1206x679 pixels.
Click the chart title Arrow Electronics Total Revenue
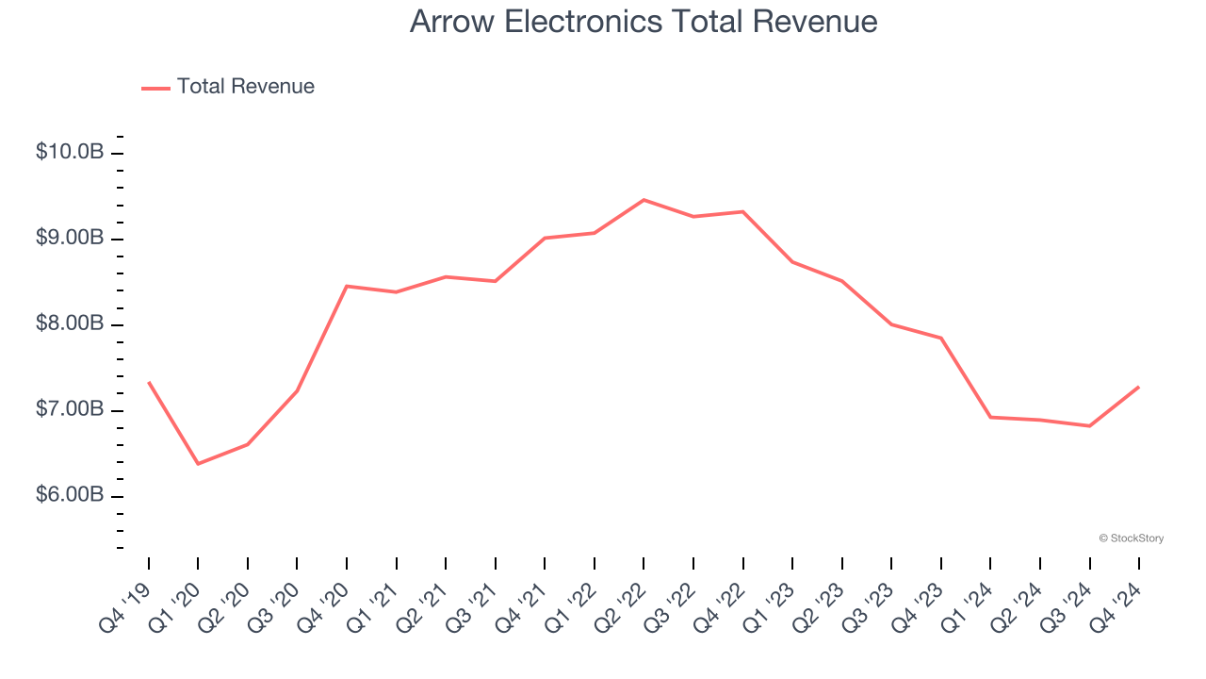[x=644, y=22]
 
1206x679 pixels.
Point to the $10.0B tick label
[x=69, y=152]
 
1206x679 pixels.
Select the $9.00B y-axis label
[x=69, y=238]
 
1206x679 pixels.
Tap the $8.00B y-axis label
[x=69, y=323]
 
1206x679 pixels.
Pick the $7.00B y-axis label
[x=69, y=409]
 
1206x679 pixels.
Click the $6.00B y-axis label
[x=69, y=495]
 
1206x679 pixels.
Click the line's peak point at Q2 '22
[x=644, y=200]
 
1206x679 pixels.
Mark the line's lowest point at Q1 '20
[x=198, y=464]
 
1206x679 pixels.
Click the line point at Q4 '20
[x=347, y=286]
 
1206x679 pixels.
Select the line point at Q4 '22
[x=742, y=211]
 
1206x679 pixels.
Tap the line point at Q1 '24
[x=990, y=417]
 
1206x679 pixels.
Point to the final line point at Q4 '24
[x=1139, y=387]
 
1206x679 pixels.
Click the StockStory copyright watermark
[x=1131, y=538]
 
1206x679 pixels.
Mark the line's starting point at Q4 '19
[x=149, y=382]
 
